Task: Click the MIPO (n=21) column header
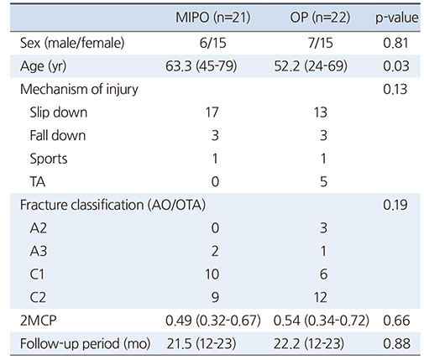tap(212, 18)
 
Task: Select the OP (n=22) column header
tap(320, 18)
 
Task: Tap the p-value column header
tap(396, 18)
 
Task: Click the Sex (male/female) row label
tap(72, 43)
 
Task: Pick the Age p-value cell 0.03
tap(396, 66)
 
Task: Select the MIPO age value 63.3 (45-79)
tap(201, 66)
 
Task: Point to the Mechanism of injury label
tap(79, 90)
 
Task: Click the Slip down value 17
tap(212, 112)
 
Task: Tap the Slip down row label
tap(59, 112)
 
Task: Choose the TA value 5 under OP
tap(323, 182)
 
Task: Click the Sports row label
tap(49, 159)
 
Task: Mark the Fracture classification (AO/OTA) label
tap(113, 205)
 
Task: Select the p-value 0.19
tap(395, 205)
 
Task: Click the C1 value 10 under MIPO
tap(212, 274)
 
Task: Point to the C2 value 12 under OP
tap(321, 297)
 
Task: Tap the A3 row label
tap(39, 251)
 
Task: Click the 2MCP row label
tap(38, 321)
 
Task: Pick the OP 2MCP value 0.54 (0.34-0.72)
tap(322, 321)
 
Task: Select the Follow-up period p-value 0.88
tap(396, 343)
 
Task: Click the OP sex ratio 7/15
tap(321, 44)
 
